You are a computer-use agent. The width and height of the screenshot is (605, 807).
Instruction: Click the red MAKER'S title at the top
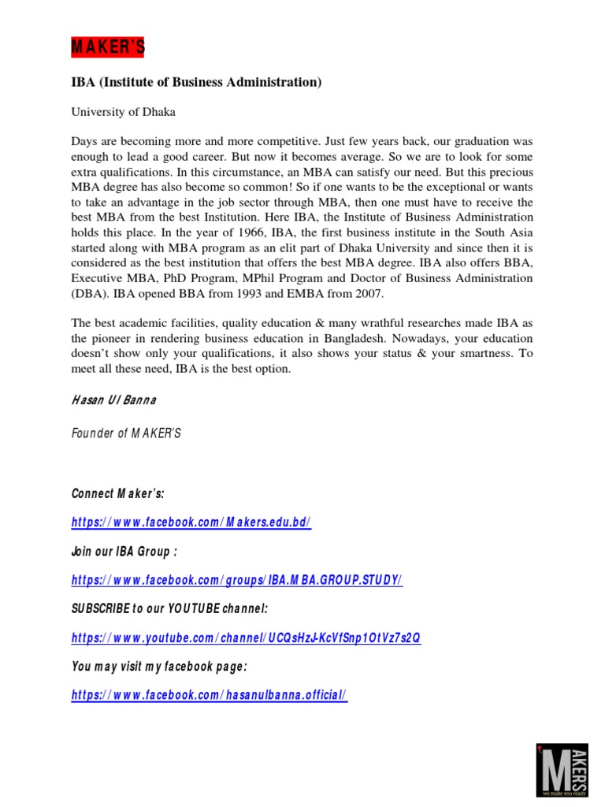click(107, 49)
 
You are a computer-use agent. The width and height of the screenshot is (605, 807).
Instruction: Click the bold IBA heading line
click(196, 83)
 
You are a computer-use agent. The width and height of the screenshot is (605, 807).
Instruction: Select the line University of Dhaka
click(123, 112)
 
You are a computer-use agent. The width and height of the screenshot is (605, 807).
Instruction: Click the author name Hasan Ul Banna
click(113, 400)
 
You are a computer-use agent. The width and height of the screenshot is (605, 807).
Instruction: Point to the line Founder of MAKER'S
click(126, 434)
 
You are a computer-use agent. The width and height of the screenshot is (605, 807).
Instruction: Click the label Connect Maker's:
click(118, 494)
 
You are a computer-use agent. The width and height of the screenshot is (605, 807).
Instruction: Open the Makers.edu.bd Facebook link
click(191, 523)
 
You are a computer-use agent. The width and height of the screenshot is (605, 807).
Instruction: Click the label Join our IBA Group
click(124, 552)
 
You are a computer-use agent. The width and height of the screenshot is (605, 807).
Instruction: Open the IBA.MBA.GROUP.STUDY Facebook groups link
click(236, 580)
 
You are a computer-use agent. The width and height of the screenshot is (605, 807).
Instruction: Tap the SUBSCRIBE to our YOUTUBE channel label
click(169, 609)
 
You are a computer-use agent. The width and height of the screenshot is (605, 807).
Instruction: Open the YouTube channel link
click(246, 638)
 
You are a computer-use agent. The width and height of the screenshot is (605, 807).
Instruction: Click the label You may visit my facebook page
click(159, 666)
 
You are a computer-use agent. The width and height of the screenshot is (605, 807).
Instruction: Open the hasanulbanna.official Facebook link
click(209, 695)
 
